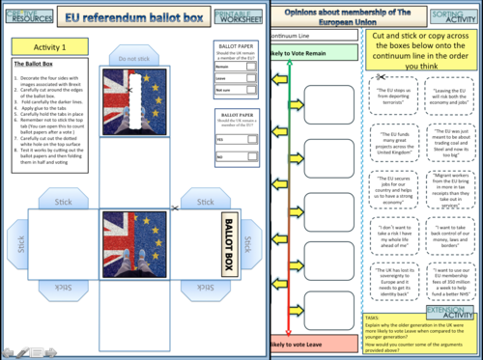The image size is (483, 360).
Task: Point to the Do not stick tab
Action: click(134, 59)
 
